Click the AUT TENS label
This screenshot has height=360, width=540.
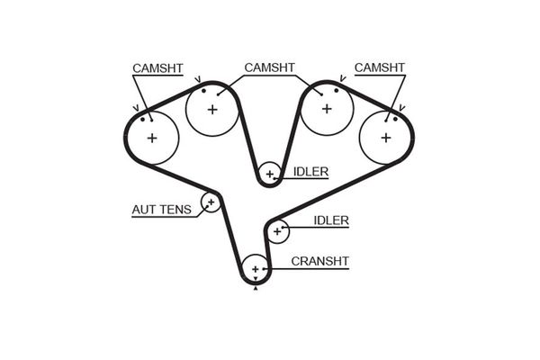click(161, 211)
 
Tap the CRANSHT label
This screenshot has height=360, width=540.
click(320, 262)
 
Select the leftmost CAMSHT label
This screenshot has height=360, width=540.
click(159, 67)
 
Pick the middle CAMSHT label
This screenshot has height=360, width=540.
click(270, 67)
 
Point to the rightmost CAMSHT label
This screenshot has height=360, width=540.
click(380, 67)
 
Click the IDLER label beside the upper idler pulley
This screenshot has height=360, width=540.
click(310, 171)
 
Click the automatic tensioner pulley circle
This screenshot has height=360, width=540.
click(211, 202)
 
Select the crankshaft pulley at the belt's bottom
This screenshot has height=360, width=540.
click(256, 269)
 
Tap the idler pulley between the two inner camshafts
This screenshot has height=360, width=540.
click(268, 174)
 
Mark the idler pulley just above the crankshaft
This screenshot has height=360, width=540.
click(277, 231)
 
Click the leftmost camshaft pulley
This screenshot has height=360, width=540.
click(151, 137)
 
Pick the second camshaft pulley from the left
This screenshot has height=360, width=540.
click(211, 110)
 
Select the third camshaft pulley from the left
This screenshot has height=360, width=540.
click(326, 109)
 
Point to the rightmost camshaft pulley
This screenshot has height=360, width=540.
click(386, 137)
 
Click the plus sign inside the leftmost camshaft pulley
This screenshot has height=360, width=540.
click(151, 138)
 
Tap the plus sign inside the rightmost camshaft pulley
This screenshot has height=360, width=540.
click(386, 138)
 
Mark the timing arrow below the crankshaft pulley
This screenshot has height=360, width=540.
click(256, 288)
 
